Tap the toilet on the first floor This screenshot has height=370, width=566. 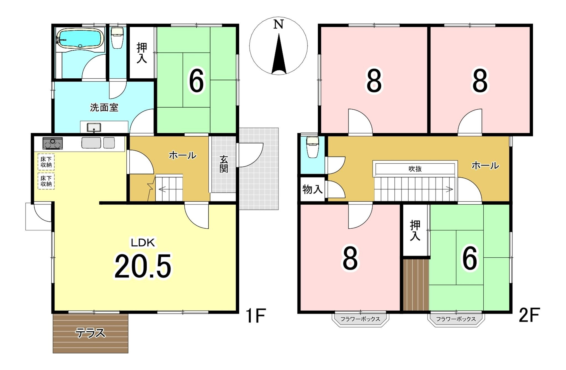[117, 38]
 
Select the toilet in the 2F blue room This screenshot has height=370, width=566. [313, 147]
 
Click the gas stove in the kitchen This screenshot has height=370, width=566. [53, 143]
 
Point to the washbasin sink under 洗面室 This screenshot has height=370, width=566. [94, 128]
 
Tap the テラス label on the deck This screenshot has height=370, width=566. [90, 333]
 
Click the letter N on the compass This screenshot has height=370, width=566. [278, 25]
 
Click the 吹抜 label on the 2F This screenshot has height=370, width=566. [415, 169]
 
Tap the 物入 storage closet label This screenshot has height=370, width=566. [313, 189]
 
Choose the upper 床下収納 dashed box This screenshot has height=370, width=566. [46, 162]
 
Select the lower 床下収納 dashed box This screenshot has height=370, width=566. [46, 181]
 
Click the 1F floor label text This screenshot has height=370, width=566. [256, 316]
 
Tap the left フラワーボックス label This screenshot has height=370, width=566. [360, 319]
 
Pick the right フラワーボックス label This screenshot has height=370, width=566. [456, 319]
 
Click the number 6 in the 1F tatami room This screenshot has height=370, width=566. [196, 81]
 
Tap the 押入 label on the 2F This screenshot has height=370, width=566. [415, 231]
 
